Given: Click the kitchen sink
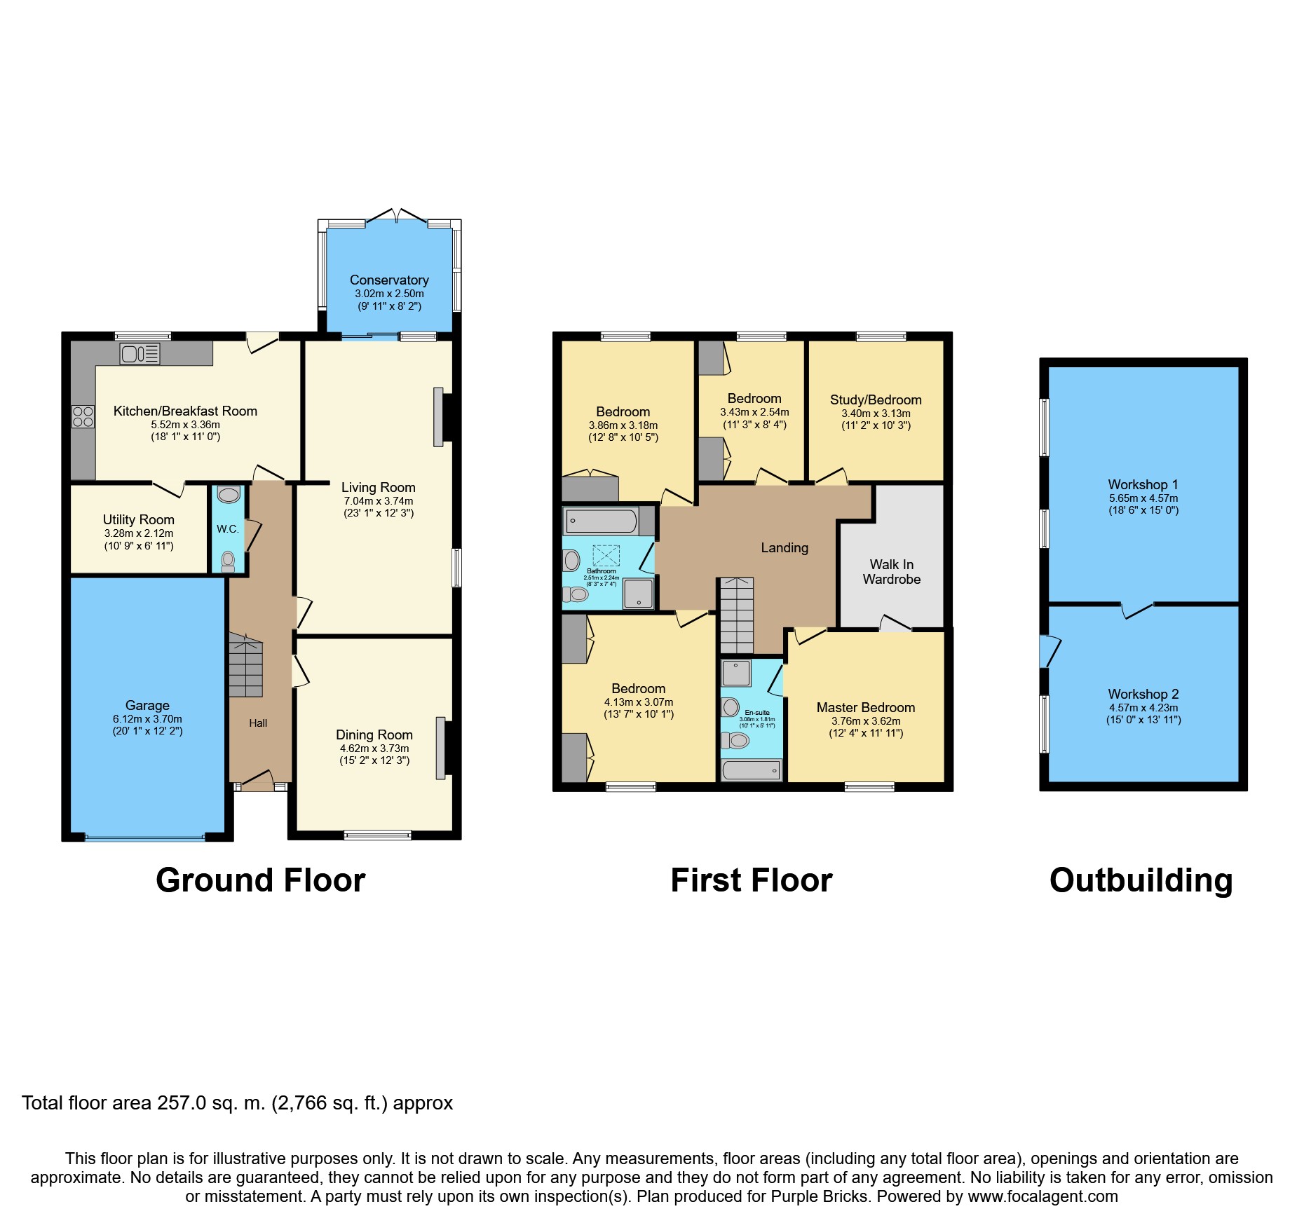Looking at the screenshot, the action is [x=140, y=354].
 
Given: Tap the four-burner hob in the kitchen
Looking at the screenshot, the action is [x=83, y=417].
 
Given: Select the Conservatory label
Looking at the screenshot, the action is [x=389, y=280].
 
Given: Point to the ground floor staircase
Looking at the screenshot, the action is [x=245, y=665].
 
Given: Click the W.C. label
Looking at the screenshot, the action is [x=228, y=529].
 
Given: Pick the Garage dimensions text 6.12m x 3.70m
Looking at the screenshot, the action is [x=147, y=719].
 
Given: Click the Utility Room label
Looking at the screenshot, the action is [x=139, y=519].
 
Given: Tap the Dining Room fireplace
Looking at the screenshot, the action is [x=441, y=748].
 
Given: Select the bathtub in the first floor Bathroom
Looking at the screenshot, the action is [x=602, y=521].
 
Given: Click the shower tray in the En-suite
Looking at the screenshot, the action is [x=737, y=673].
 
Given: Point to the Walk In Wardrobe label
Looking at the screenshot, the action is [x=892, y=572].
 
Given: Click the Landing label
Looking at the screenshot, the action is [x=785, y=547].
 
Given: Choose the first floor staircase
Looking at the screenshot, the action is [x=735, y=615].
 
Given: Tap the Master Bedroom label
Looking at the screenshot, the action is [x=866, y=707].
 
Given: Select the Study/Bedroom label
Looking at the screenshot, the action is [x=876, y=399].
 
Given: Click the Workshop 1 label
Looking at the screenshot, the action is [x=1143, y=484].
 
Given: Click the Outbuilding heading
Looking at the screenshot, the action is [x=1141, y=880].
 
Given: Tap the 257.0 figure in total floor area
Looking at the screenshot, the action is [x=182, y=1103].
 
